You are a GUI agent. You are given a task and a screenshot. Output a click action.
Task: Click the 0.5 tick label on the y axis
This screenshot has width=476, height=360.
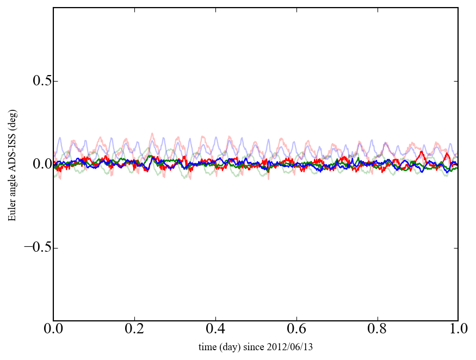(x=36, y=81)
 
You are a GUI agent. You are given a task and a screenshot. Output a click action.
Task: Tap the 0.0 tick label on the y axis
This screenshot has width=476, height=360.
(x=36, y=164)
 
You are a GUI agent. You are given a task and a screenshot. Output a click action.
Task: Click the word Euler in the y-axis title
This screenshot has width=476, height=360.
(x=12, y=211)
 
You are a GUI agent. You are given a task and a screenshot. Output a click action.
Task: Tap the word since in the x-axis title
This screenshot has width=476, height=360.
(x=263, y=347)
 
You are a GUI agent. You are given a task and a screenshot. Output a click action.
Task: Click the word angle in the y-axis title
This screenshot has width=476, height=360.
(x=12, y=188)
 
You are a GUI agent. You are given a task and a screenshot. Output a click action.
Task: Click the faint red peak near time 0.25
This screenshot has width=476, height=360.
(x=152, y=134)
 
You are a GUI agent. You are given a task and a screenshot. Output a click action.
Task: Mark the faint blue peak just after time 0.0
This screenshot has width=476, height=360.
(x=60, y=138)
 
